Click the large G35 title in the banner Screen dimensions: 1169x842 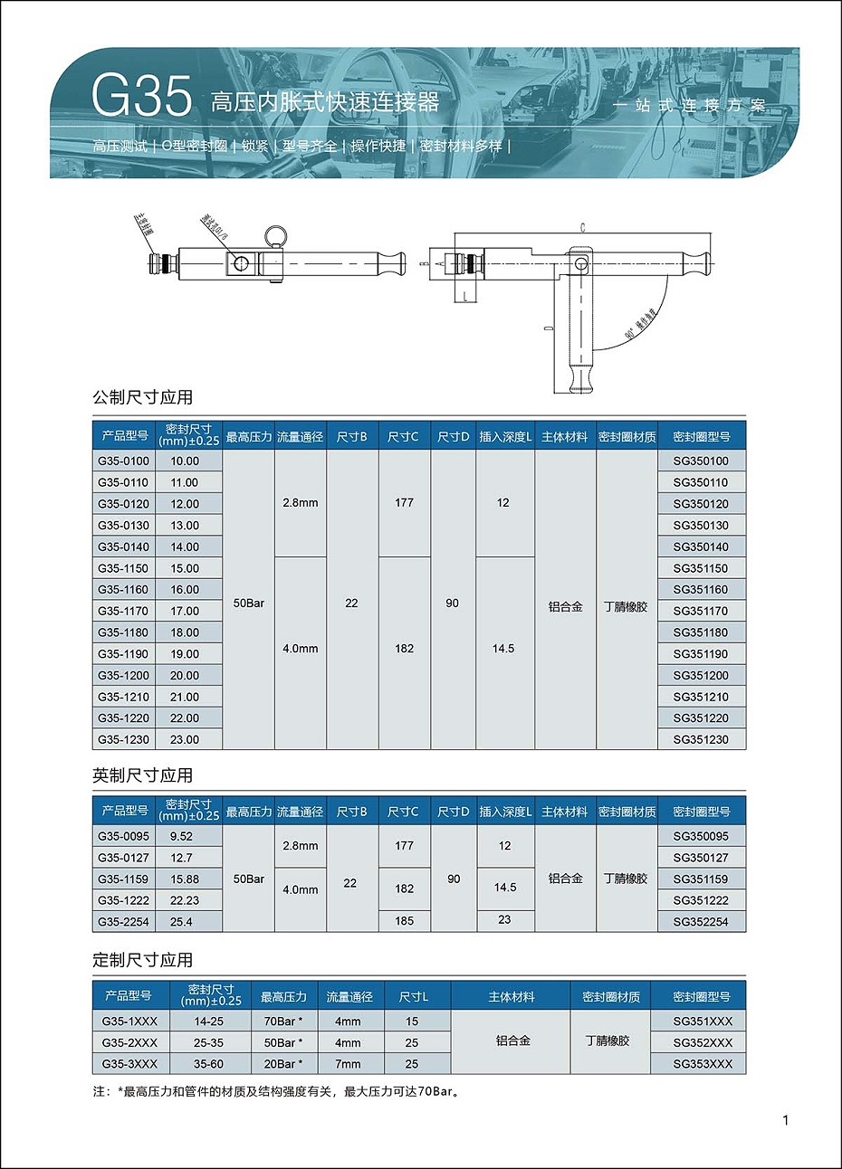pos(142,97)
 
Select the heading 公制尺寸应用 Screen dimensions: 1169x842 pos(142,397)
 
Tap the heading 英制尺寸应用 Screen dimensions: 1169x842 pos(142,775)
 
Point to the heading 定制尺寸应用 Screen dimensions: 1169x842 pos(142,960)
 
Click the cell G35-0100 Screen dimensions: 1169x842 pos(124,461)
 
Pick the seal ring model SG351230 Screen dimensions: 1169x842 pos(701,739)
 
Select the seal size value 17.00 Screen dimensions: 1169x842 pos(185,611)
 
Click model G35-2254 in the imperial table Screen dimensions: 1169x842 pos(124,921)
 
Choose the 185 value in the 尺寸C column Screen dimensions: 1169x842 pos(404,921)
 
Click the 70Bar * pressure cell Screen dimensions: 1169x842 pos(282,1021)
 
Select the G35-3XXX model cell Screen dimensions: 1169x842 pos(129,1064)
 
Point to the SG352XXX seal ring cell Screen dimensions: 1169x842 pos(703,1042)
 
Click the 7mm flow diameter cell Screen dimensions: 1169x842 pos(348,1064)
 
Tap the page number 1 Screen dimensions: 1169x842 pos(786,1120)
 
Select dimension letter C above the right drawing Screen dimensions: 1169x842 pos(583,228)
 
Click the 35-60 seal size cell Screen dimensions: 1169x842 pos(209,1064)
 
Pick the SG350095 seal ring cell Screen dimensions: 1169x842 pos(701,836)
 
